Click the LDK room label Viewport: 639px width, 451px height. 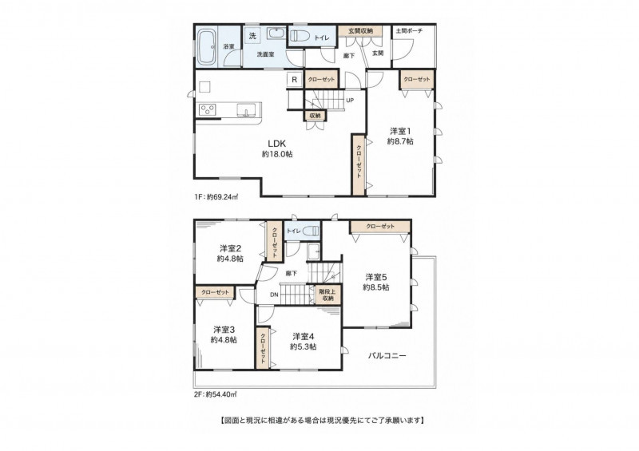(x=276, y=144)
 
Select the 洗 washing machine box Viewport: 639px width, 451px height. (x=252, y=35)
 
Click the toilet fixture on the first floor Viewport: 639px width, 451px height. (x=301, y=37)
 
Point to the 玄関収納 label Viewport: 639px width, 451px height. (x=359, y=30)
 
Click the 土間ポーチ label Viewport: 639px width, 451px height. (x=409, y=30)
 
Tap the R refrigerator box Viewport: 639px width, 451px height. (x=294, y=80)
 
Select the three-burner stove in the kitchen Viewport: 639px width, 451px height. (x=208, y=109)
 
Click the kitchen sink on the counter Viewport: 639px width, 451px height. (x=246, y=110)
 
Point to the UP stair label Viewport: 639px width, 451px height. (x=350, y=101)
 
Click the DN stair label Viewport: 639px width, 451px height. (x=274, y=295)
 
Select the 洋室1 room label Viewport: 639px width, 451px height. (x=400, y=131)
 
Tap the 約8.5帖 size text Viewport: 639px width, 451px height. (x=376, y=287)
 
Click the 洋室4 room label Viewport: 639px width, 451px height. (x=304, y=337)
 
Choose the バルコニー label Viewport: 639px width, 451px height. (x=387, y=355)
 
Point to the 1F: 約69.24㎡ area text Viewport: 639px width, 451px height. (x=216, y=197)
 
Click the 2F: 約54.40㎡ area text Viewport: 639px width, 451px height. (x=216, y=394)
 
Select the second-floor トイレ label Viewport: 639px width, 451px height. (x=293, y=231)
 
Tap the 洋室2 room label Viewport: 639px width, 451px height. (x=231, y=248)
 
